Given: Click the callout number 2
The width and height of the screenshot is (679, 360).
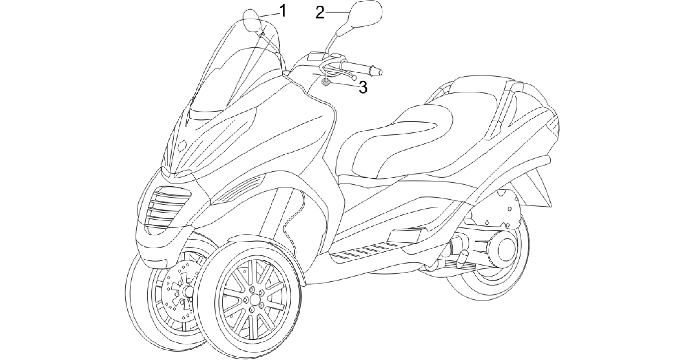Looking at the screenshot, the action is (320, 12).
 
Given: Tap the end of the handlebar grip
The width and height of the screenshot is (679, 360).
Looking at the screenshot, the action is (379, 71).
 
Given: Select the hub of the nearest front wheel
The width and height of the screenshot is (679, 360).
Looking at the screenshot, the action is (254, 300).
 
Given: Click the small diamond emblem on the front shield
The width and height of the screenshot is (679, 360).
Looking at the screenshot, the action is (182, 146).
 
